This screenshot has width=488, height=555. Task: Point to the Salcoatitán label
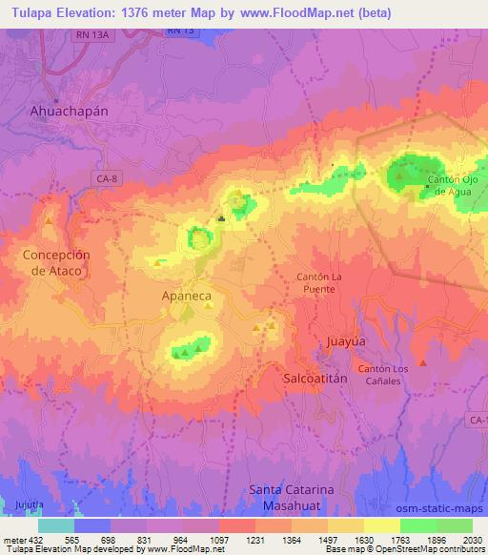(319, 379)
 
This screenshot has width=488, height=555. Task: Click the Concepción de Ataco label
(56, 262)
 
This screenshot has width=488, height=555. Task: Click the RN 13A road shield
(91, 34)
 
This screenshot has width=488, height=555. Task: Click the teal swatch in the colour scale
(56, 525)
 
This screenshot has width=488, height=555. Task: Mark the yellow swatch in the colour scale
(381, 525)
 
